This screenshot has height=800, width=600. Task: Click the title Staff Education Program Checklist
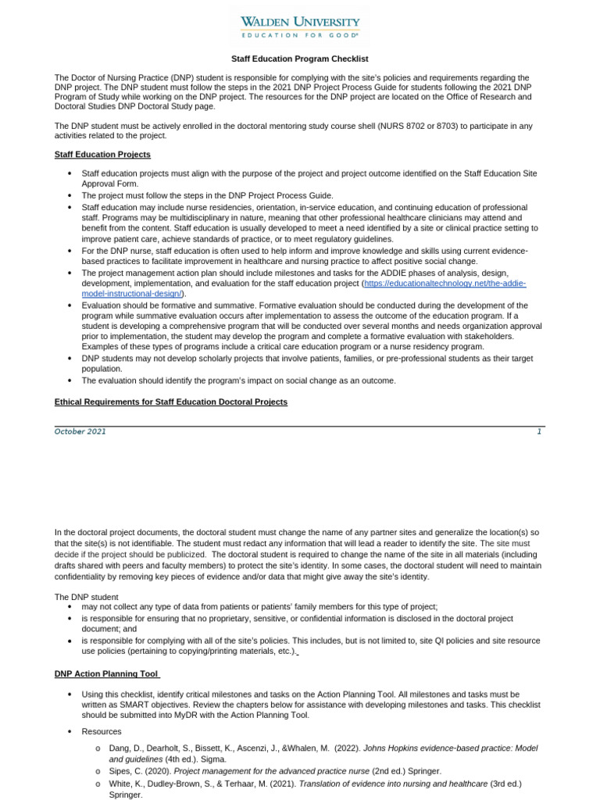[x=299, y=59]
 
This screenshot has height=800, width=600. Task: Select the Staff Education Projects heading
[x=102, y=155]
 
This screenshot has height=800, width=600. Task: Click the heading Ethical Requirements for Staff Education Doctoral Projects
[x=170, y=402]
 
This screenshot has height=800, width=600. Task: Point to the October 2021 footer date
[x=80, y=431]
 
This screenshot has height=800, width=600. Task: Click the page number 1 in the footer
[x=538, y=431]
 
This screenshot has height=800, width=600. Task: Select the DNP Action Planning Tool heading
[x=107, y=673]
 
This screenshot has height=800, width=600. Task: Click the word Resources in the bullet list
[x=102, y=731]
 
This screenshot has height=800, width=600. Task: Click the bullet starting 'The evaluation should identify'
[x=238, y=380]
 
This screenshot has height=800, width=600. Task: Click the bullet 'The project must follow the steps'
[x=207, y=195]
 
